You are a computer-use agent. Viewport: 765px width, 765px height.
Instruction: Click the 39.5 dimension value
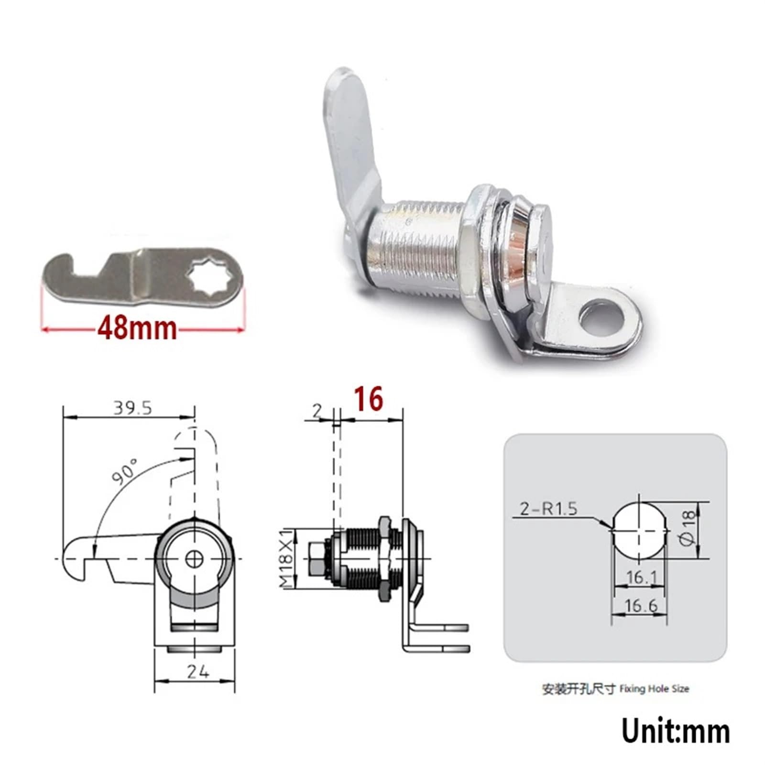coord(132,408)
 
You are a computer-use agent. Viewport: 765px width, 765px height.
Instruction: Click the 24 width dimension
coord(197,672)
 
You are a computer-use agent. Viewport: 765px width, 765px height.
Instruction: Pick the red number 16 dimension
coord(369,399)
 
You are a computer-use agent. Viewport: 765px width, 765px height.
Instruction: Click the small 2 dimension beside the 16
coord(317,410)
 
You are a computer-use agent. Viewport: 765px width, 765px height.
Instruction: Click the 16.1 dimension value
coord(641,577)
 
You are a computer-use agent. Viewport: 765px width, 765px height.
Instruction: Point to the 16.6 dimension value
coord(641,606)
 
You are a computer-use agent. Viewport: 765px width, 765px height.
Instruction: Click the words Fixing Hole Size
coord(654,689)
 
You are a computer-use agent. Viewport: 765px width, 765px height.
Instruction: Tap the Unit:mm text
coord(675,731)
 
